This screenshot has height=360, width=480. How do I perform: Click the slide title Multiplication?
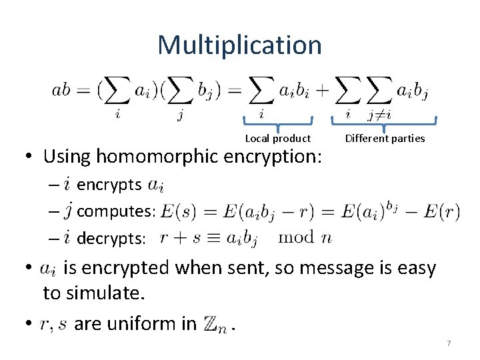[x=239, y=45]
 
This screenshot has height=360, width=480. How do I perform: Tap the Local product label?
[x=278, y=139]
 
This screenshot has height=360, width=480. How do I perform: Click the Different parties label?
[x=385, y=139]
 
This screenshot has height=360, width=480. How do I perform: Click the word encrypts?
[x=109, y=184]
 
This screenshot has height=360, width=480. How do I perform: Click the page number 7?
[x=449, y=343]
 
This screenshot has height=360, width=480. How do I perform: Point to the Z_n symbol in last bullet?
[x=214, y=325]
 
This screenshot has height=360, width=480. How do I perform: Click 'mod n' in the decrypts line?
[x=305, y=237]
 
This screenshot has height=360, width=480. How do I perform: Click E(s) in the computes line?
[x=176, y=211]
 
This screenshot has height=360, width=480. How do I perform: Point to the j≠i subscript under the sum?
[x=379, y=115]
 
